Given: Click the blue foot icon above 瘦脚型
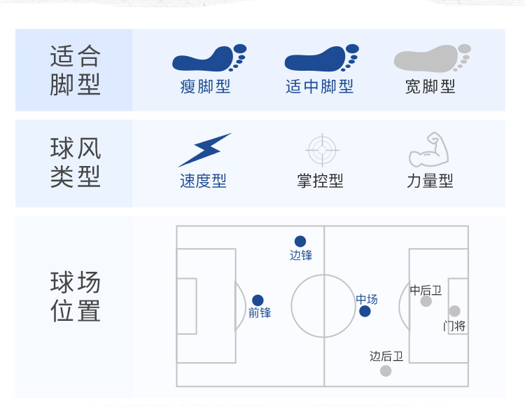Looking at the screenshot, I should pyautogui.click(x=208, y=59).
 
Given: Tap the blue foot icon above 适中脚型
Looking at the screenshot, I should pyautogui.click(x=321, y=59).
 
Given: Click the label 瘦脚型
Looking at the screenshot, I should pyautogui.click(x=205, y=87).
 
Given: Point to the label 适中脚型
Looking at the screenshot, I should pyautogui.click(x=320, y=87).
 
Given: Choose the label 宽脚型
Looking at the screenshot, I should pyautogui.click(x=430, y=87).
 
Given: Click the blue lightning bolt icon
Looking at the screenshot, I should pyautogui.click(x=204, y=149).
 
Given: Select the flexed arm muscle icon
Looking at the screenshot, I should pyautogui.click(x=428, y=149).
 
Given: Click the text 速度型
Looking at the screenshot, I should pyautogui.click(x=203, y=181).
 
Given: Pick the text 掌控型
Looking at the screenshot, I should pyautogui.click(x=320, y=181).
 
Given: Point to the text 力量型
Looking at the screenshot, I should pyautogui.click(x=430, y=181).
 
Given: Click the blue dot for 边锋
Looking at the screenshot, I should pyautogui.click(x=300, y=242).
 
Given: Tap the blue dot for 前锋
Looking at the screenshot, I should pyautogui.click(x=258, y=301).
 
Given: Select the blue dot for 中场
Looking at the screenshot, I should pyautogui.click(x=365, y=311).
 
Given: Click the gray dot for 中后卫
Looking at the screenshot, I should pyautogui.click(x=426, y=301).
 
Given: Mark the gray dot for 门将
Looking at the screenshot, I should pyautogui.click(x=454, y=311).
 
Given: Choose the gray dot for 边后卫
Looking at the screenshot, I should pyautogui.click(x=386, y=371).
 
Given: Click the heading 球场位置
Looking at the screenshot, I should pyautogui.click(x=76, y=297).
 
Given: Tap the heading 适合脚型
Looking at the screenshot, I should pyautogui.click(x=76, y=70).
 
